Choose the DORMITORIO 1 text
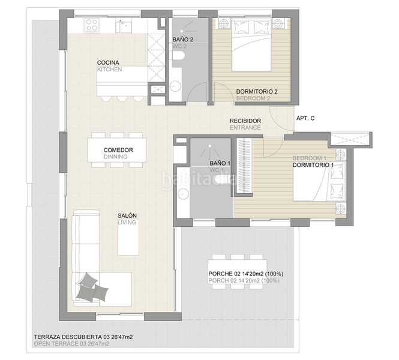coord(313,164)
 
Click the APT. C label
coord(306,118)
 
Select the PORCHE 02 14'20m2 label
coord(245,274)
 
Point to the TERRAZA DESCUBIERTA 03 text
coord(83,337)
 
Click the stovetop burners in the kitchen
coord(92,25)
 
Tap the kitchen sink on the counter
coord(124,25)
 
